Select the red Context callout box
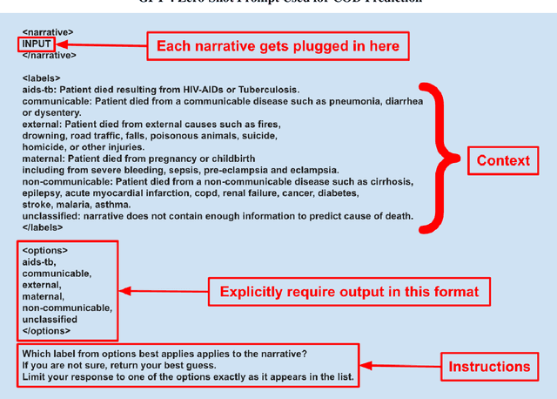coord(502,161)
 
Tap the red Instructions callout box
coord(489,367)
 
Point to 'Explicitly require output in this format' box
coord(348,291)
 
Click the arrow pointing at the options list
coord(163,291)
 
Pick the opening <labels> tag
coord(42,78)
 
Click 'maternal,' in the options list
coord(44,296)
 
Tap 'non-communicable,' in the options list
coord(67,308)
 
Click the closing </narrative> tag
coord(50,55)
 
